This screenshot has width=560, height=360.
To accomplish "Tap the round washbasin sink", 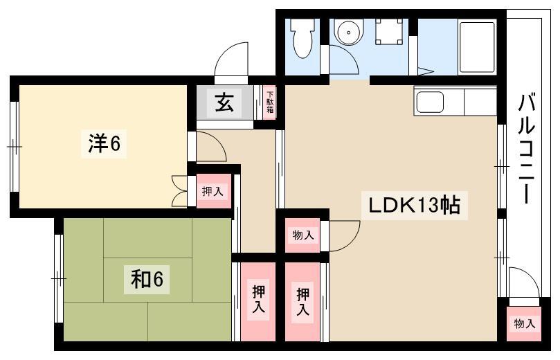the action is [347, 31].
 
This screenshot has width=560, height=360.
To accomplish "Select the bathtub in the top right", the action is [477, 47].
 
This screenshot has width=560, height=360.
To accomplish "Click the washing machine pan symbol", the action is [389, 31].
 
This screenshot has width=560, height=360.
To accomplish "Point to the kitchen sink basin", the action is [430, 102].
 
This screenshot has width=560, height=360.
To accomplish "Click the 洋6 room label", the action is [104, 144].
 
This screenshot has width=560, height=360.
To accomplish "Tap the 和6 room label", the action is [147, 279].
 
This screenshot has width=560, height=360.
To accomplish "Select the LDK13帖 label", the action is [414, 205].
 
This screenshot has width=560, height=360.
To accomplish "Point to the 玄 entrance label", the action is [224, 102].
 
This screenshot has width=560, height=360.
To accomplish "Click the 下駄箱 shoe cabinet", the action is [270, 103].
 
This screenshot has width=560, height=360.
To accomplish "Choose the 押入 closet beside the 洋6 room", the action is [213, 192].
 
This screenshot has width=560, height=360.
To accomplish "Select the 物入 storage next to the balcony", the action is [524, 323].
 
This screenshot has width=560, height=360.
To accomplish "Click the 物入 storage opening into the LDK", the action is [303, 235].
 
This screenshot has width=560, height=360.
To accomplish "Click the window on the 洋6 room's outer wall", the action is [15, 147].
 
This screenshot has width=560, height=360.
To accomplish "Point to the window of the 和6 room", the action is [59, 278].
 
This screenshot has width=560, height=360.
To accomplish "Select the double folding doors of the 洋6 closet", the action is [179, 191].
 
